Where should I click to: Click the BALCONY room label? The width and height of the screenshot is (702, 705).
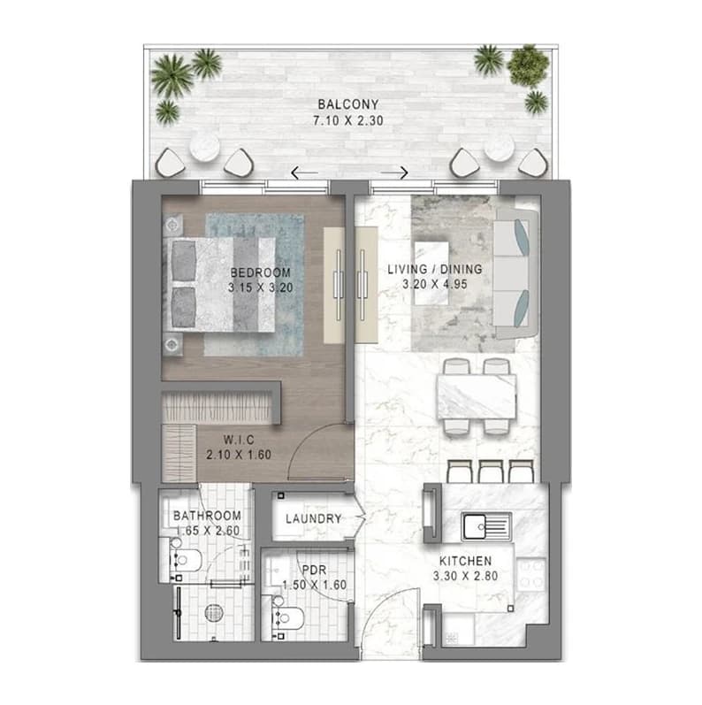pyautogui.click(x=348, y=104)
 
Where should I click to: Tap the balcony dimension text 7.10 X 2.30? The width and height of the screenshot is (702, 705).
pyautogui.click(x=348, y=120)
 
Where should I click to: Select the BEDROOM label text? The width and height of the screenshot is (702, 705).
pyautogui.click(x=261, y=272)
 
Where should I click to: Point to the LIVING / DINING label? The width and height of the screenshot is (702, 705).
pyautogui.click(x=435, y=269)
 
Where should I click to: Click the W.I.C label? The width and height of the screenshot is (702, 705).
pyautogui.click(x=239, y=440)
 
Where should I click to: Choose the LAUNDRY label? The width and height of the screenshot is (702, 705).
pyautogui.click(x=314, y=519)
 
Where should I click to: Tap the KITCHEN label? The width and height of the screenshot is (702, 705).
pyautogui.click(x=466, y=561)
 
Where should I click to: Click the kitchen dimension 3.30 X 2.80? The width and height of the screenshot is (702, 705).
pyautogui.click(x=466, y=576)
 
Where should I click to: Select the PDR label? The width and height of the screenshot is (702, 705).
pyautogui.click(x=314, y=571)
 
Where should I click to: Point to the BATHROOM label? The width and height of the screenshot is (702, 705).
pyautogui.click(x=207, y=516)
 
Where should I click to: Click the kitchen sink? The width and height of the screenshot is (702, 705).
pyautogui.click(x=487, y=526)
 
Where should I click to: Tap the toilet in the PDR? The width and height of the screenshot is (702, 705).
pyautogui.click(x=287, y=618)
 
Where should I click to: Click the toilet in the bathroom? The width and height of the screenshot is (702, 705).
pyautogui.click(x=186, y=560)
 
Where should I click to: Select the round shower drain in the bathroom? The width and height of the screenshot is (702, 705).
pyautogui.click(x=214, y=613)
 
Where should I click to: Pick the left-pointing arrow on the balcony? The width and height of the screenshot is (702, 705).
pyautogui.click(x=304, y=172)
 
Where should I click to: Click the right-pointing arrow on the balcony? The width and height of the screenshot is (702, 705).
pyautogui.click(x=394, y=172)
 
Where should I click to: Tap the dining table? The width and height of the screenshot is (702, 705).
pyautogui.click(x=477, y=397)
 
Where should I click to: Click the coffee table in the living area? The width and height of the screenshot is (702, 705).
pyautogui.click(x=431, y=273)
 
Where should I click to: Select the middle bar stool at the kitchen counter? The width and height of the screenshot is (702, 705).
pyautogui.click(x=491, y=471)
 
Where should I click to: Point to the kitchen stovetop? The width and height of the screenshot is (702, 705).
pyautogui.click(x=531, y=575)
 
